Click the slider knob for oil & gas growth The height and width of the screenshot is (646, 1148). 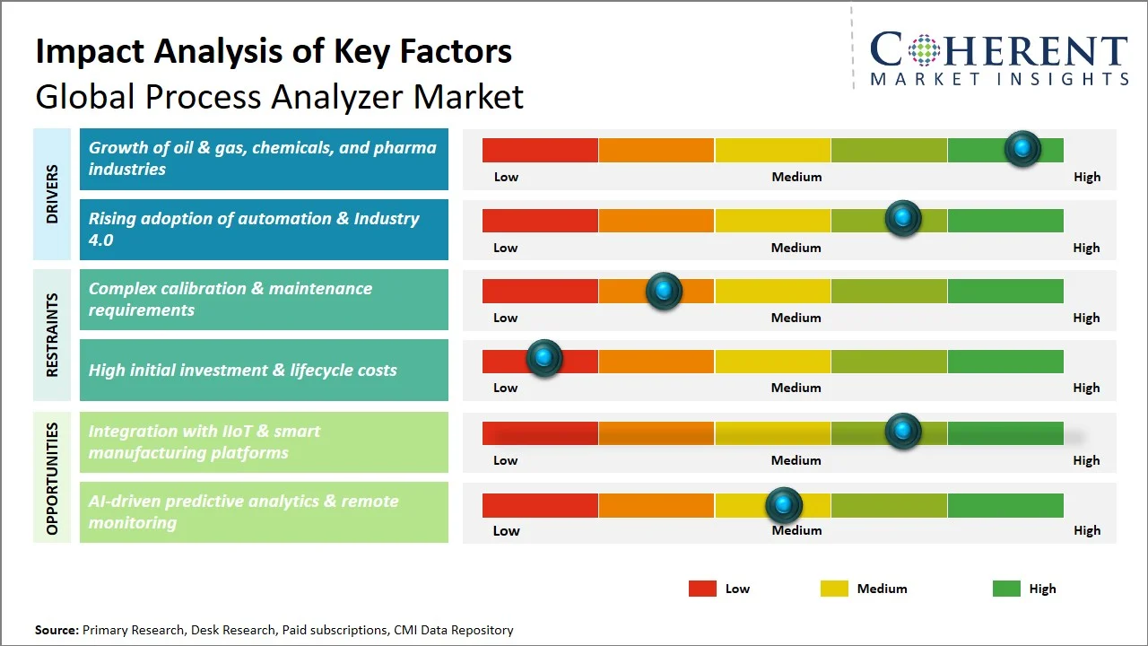point(1022,149)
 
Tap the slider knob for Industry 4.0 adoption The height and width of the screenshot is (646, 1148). point(903,219)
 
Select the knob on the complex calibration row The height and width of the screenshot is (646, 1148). point(664,291)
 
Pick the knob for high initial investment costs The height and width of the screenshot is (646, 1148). point(544,358)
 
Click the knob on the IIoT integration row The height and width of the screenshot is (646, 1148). point(903,432)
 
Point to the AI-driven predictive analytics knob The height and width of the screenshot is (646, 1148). point(784,505)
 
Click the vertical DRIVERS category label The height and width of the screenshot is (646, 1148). point(52,194)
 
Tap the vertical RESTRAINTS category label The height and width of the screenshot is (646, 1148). point(52,335)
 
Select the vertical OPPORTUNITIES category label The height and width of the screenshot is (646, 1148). point(52,478)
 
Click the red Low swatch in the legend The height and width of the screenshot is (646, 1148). point(702,589)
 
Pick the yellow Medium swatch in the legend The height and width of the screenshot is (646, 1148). point(834,589)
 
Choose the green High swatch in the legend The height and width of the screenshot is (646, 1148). point(1006,589)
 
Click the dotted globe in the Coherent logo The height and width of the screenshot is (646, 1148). point(923,50)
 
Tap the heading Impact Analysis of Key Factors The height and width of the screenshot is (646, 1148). point(274,52)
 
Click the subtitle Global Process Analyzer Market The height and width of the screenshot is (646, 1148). point(279,96)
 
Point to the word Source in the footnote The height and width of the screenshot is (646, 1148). point(57,630)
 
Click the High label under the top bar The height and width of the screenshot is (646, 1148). point(1087,177)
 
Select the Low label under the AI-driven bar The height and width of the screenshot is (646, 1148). point(506,530)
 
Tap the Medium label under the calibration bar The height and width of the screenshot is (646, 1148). point(796,318)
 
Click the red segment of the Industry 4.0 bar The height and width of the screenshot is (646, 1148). point(540,220)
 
